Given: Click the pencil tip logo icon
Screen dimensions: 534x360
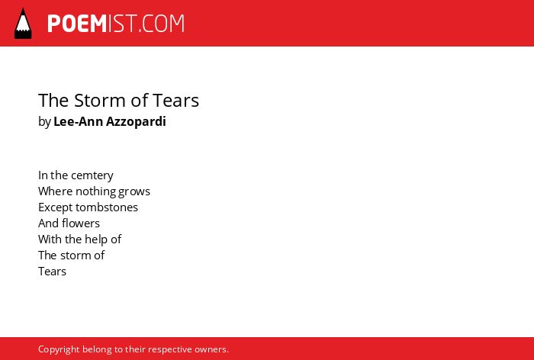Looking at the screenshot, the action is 23,23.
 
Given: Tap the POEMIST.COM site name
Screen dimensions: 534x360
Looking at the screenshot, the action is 116,24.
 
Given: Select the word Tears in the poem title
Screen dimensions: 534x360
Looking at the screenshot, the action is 175,101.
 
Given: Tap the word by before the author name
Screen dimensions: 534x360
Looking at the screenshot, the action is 44,122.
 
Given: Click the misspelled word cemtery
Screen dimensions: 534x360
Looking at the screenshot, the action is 92,175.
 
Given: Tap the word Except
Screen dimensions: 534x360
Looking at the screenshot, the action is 56,207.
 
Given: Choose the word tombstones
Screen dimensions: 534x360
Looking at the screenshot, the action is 107,207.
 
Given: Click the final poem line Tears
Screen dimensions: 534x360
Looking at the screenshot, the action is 52,272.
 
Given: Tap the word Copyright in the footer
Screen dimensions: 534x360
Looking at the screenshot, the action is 59,350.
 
